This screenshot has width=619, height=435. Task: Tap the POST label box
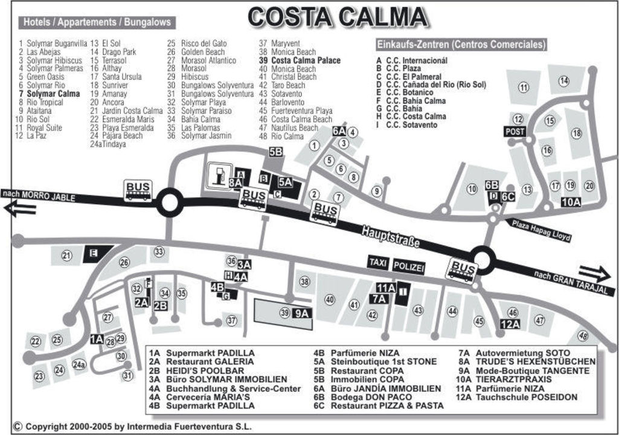coord(515,131)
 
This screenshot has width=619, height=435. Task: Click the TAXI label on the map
coord(378,262)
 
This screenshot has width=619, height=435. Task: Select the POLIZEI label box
coord(409,266)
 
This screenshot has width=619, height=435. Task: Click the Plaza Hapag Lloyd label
coord(541,230)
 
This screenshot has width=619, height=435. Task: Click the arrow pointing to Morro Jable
coord(19,209)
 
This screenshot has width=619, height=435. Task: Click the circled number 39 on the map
coord(285,312)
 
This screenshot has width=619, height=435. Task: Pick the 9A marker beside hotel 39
coord(302,313)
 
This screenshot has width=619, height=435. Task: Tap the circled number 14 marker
coord(564,81)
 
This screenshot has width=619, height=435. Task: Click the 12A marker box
coord(510,324)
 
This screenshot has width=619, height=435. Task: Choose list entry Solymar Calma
coord(53,94)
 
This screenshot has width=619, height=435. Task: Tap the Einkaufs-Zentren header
coord(461,45)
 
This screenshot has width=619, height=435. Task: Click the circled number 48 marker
coord(583,335)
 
